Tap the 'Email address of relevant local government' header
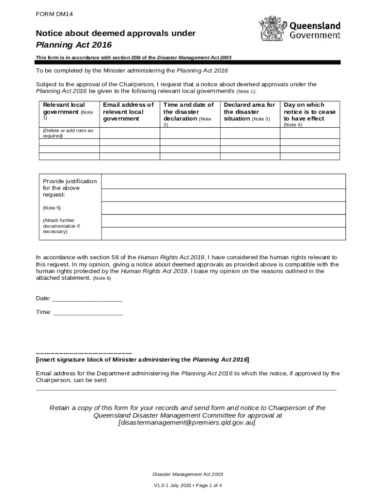129,112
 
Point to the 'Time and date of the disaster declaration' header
188,112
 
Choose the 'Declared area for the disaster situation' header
249,112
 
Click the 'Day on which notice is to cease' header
310,112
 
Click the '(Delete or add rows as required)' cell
68,133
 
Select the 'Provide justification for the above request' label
70,188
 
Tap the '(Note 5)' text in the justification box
52,208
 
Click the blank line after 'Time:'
88,312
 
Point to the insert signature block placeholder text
142,360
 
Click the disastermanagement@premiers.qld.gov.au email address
187,423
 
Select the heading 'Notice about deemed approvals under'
116,33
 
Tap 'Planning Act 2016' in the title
74,45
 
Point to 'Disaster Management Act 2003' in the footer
187,474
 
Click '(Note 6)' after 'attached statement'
102,278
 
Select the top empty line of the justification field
224,181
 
